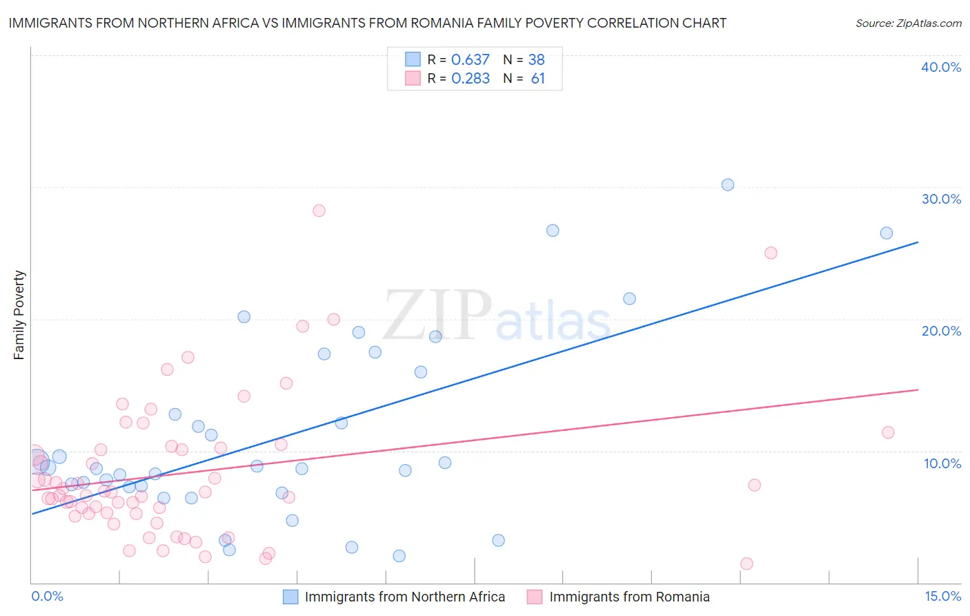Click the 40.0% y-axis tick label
940,67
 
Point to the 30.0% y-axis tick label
940,199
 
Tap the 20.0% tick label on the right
940,331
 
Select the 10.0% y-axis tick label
942,463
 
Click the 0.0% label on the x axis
47,596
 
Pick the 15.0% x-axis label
942,596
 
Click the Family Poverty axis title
19,315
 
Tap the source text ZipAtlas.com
908,23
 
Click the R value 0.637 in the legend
470,59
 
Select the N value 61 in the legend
537,78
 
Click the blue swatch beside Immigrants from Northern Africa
290,597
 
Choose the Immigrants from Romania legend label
629,597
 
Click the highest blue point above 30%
727,184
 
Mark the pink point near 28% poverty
319,211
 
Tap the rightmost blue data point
887,233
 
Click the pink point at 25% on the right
771,253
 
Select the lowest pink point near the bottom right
746,564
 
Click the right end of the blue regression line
918,242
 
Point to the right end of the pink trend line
918,390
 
